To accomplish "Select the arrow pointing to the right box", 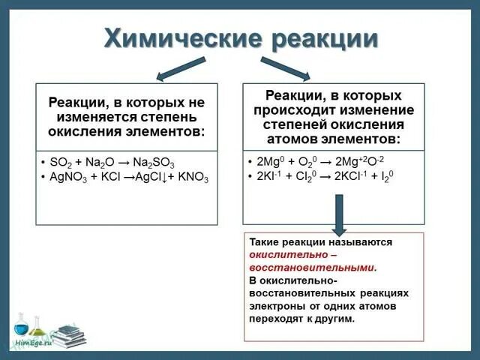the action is coord(285,68).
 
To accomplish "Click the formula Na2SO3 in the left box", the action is coord(153,163).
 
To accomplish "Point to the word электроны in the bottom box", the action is coord(277,306).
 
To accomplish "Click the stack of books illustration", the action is coord(67,336).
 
